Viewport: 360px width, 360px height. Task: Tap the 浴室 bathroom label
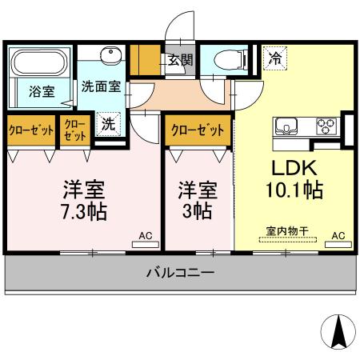coord(42,90)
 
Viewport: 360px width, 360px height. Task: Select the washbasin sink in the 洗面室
coord(111,56)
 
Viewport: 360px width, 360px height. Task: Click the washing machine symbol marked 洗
coord(107,125)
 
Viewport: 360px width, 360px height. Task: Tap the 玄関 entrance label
coord(179,58)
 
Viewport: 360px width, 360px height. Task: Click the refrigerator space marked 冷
coord(274,58)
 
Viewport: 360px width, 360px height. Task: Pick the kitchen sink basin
coord(287,126)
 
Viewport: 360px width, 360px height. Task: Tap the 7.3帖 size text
coord(85,211)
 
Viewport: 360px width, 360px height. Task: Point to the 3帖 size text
coord(197,211)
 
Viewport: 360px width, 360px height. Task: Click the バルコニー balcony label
coord(179,273)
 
